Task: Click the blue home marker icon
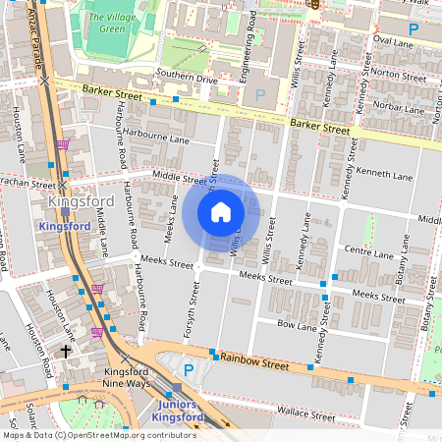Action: point(221,212)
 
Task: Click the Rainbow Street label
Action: point(253,360)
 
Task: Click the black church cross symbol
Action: point(67,350)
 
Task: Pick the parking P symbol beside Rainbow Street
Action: point(189,369)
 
